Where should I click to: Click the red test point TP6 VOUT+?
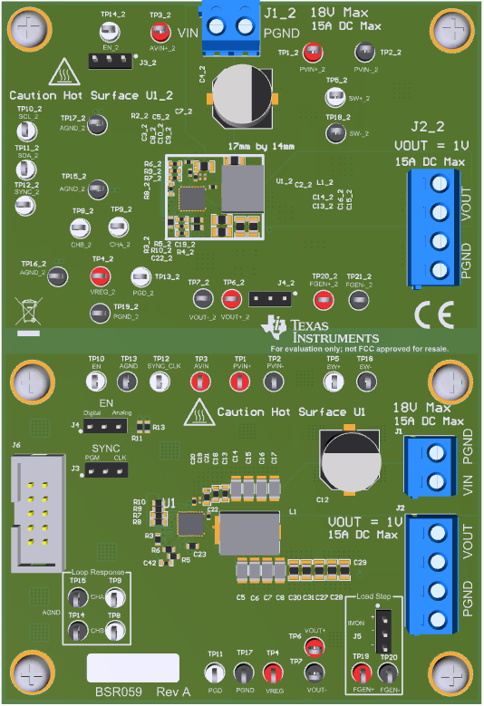click(x=314, y=644)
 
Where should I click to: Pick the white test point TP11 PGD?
click(x=216, y=672)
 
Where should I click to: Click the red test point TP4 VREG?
click(x=272, y=672)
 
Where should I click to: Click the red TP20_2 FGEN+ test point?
click(x=318, y=296)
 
